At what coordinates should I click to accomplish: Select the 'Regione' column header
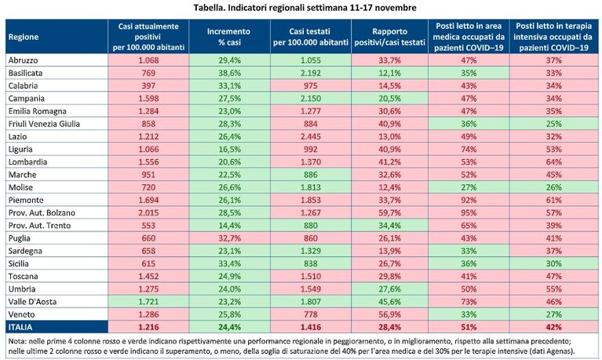pos(24,37)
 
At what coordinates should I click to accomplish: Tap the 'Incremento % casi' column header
pos(229,37)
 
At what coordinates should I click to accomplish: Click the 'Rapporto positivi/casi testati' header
pos(389,37)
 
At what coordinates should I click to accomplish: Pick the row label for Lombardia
pos(27,162)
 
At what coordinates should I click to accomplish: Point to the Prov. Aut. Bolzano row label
pos(42,213)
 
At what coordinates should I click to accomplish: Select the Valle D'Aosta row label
pos(32,302)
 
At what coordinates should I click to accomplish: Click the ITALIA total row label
pos(20,327)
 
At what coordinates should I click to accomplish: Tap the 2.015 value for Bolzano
pos(148,213)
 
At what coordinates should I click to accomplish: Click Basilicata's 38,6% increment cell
pos(230,73)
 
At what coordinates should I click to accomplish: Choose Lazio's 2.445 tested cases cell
pos(311,136)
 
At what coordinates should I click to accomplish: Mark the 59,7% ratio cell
pos(389,213)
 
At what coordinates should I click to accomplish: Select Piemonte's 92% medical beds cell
pos(469,200)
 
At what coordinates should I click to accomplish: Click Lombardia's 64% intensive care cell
pos(553,162)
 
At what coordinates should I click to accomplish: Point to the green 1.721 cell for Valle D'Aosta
pos(148,302)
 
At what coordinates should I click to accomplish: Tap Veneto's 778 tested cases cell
pos(311,315)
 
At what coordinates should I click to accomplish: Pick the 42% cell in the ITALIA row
pos(553,327)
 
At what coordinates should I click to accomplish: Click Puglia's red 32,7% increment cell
pos(230,238)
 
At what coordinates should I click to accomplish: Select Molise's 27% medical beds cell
pos(469,187)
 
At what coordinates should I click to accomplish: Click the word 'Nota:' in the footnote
pos(17,341)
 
